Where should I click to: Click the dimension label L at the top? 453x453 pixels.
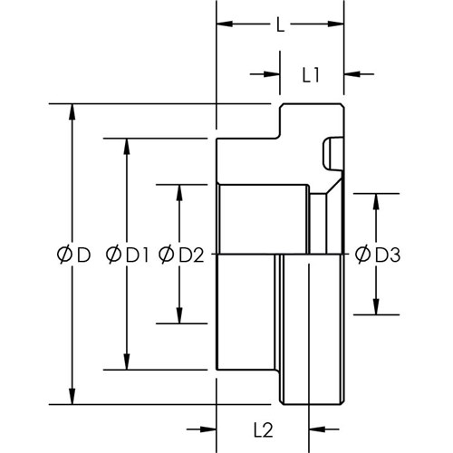coord(281,24)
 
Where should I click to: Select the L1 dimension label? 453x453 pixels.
coord(311,75)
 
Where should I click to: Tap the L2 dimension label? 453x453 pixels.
coord(264,430)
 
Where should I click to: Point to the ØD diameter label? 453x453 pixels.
coord(73,255)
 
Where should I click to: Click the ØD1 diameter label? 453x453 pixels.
coord(127,255)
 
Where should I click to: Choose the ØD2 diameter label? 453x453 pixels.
coord(181,255)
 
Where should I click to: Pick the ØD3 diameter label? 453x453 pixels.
coord(378,255)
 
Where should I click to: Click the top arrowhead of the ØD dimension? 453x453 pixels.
coord(72,111)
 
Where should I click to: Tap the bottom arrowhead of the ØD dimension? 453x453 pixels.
coord(72,396)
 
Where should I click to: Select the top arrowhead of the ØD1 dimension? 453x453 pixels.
coord(127,147)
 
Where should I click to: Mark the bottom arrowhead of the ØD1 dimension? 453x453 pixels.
coord(127,361)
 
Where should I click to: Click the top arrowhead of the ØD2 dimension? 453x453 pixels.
coord(179,192)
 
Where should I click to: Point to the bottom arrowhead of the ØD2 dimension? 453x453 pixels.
coord(179,315)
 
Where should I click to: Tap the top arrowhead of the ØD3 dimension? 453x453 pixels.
coord(376,201)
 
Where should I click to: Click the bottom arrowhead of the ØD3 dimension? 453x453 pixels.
coord(376,306)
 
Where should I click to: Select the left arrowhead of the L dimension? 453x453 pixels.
coord(225,24)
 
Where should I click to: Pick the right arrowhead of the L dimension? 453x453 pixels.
coord(336,24)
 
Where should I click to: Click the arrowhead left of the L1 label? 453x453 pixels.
coord(272,74)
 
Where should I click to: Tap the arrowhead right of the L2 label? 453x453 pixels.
coord(317,429)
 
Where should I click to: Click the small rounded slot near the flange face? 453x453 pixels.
coord(333,154)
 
